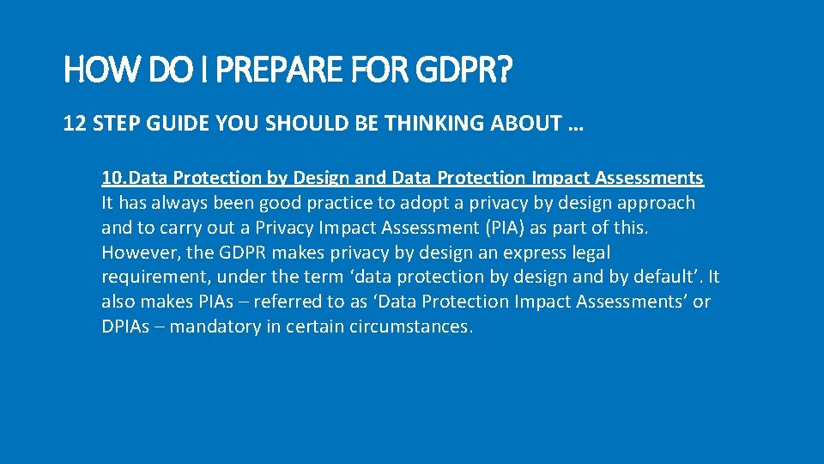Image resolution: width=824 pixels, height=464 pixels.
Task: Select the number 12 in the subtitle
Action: [x=73, y=124]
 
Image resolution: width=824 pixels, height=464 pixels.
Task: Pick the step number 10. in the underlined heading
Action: [x=115, y=178]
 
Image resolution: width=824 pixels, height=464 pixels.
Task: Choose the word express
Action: [x=526, y=253]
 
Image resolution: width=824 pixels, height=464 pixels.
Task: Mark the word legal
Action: [x=590, y=253]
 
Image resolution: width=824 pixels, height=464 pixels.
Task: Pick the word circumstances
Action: [x=411, y=327]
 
